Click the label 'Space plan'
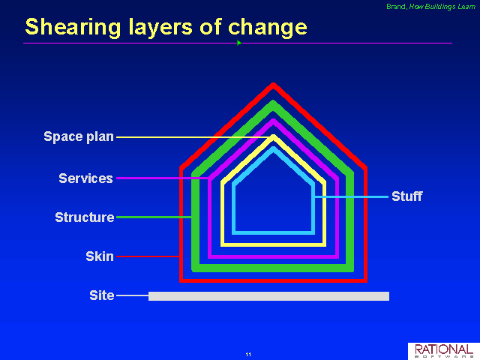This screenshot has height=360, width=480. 79,136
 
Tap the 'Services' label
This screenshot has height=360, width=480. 85,178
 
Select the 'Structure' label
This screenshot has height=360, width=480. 85,217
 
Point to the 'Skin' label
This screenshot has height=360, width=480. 100,256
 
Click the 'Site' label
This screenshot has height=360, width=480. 102,295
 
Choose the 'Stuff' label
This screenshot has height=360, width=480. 407,196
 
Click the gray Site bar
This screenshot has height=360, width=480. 268,296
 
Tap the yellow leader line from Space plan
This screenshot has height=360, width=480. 193,137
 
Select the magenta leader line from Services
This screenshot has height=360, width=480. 163,178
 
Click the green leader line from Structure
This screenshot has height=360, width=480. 154,217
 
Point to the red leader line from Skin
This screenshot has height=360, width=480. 148,256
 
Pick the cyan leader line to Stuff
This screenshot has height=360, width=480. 352,196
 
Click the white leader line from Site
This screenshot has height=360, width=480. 133,295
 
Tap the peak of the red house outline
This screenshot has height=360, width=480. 273,83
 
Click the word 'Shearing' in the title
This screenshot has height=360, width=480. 73,28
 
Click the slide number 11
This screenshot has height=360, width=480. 248,355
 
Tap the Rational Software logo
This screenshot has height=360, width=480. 444,351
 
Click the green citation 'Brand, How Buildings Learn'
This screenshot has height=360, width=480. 430,7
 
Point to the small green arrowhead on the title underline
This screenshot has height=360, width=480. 239,43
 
